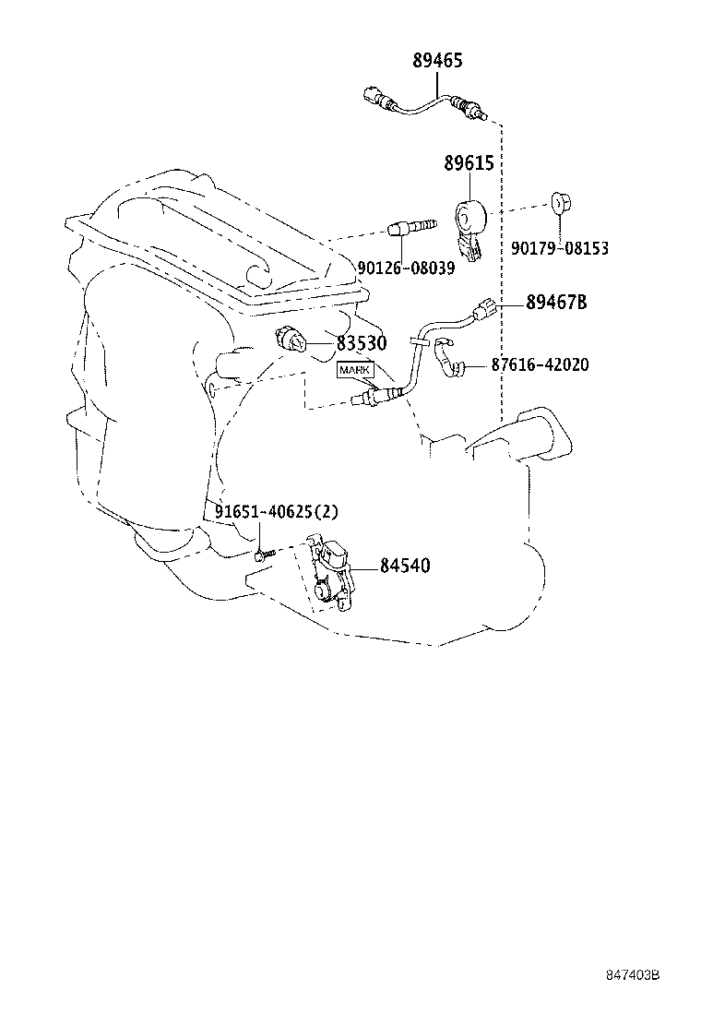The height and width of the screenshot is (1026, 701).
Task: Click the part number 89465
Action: [437, 62]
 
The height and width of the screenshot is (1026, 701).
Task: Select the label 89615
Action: [468, 163]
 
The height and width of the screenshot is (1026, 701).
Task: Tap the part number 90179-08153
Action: [559, 248]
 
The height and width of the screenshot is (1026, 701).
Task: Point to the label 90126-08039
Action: [406, 267]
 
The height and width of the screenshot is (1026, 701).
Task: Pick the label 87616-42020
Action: [540, 365]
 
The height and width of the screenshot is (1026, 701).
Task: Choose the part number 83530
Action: [361, 343]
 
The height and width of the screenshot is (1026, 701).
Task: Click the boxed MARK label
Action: [355, 370]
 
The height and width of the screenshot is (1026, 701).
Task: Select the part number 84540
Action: [405, 566]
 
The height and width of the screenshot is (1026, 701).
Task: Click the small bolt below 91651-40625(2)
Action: [263, 554]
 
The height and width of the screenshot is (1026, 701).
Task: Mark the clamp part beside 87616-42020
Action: [450, 359]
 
